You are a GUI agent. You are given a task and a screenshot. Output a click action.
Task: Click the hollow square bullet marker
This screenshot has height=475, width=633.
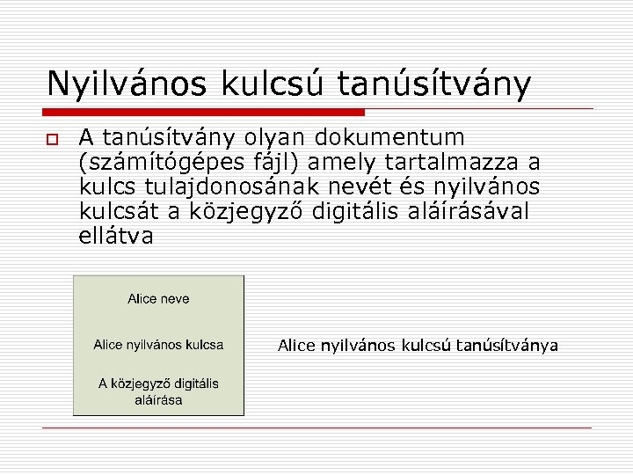[52, 140]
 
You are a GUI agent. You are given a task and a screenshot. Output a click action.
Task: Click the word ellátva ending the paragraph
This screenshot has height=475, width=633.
[116, 237]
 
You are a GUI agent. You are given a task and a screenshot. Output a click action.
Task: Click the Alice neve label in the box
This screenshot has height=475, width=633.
[158, 299]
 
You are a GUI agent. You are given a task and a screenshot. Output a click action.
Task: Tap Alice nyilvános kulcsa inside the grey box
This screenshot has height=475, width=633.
[158, 344]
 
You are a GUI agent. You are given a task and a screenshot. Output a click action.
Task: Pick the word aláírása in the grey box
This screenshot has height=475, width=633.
[158, 400]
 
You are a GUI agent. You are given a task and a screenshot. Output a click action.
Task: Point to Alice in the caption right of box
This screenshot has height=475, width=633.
[296, 346]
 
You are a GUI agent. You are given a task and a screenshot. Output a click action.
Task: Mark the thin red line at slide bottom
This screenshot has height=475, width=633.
[316, 428]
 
